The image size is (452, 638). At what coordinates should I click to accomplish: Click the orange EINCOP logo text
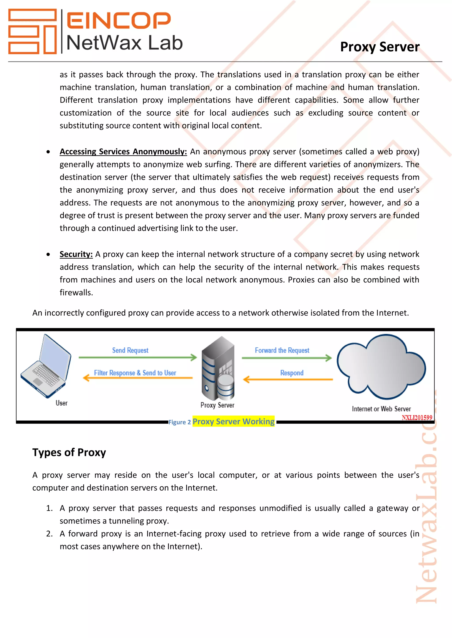pyautogui.click(x=118, y=20)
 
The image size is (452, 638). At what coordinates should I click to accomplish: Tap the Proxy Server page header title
pyautogui.click(x=380, y=47)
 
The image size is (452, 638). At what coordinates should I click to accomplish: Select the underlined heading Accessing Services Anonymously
pyautogui.click(x=123, y=152)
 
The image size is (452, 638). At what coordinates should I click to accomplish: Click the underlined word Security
pyautogui.click(x=76, y=254)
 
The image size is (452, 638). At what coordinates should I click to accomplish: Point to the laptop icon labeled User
pyautogui.click(x=46, y=366)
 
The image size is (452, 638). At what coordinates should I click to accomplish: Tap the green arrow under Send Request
pyautogui.click(x=137, y=357)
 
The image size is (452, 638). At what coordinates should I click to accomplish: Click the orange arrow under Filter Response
pyautogui.click(x=137, y=378)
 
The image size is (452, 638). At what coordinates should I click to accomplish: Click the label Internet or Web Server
pyautogui.click(x=381, y=409)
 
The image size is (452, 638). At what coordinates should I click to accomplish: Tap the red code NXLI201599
pyautogui.click(x=417, y=418)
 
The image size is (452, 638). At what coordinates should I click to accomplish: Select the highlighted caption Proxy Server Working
pyautogui.click(x=233, y=421)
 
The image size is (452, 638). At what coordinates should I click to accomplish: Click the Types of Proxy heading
pyautogui.click(x=69, y=452)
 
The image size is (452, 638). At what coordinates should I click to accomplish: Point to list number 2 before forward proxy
pyautogui.click(x=49, y=534)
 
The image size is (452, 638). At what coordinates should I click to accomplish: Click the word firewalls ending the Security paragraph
pyautogui.click(x=76, y=293)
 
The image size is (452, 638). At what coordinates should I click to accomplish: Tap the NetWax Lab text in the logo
pyautogui.click(x=124, y=43)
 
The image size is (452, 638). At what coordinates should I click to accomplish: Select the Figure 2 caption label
pyautogui.click(x=179, y=422)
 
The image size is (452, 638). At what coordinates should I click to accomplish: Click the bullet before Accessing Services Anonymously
pyautogui.click(x=48, y=152)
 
